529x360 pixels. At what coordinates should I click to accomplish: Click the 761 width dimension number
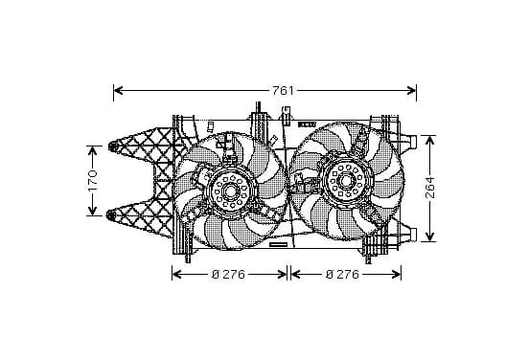(283, 91)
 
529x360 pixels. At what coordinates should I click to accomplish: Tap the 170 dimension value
(92, 180)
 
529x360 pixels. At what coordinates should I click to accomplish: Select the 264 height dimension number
(429, 188)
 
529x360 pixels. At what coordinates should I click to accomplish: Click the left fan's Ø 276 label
(228, 275)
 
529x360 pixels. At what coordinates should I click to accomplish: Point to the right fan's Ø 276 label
(342, 275)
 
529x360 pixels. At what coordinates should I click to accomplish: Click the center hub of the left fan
(231, 191)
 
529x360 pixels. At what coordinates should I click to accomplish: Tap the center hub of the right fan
(345, 181)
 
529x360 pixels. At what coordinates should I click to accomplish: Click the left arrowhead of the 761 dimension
(118, 90)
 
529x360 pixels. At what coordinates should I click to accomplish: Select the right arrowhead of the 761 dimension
(411, 90)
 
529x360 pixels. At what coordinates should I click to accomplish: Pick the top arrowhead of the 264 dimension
(429, 140)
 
